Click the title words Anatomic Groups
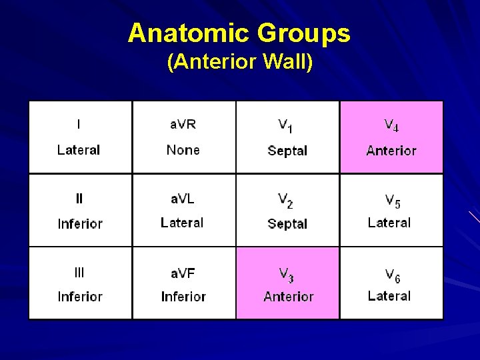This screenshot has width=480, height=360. coord(239,33)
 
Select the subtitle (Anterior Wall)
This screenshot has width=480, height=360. coord(239,63)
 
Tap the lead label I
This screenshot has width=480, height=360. coord(79,124)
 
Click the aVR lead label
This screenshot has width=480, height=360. coord(183,124)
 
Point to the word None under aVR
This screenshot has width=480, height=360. coord(183,150)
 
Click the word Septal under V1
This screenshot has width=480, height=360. coord(287,151)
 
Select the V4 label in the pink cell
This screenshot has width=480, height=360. coord(391,125)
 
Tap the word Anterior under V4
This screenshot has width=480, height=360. coord(391,151)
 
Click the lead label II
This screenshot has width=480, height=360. coord(79,198)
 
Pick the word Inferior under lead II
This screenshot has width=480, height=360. coord(80,224)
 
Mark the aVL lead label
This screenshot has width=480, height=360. coord(183,198)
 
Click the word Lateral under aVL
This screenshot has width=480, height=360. coord(182,223)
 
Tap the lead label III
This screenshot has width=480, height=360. coord(79,272)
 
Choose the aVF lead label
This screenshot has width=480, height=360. coord(183,272)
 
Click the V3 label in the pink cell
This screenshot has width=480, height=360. coord(287,273)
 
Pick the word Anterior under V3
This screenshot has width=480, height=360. coord(288,297)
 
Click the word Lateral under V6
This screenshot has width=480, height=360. coord(389,296)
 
